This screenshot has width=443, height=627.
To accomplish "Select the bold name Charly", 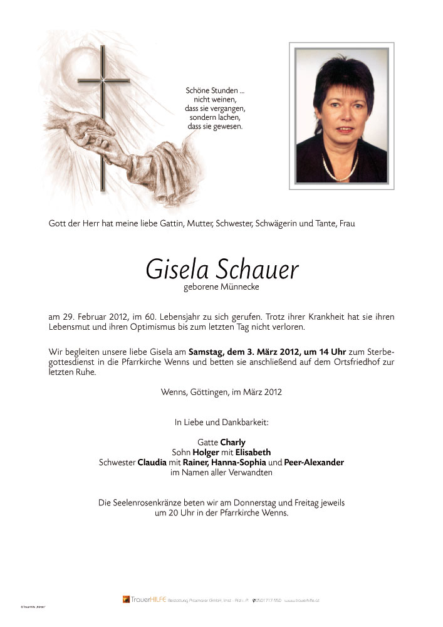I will tap(232, 442).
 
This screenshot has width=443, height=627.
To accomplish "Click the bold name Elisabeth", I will tap(253, 452).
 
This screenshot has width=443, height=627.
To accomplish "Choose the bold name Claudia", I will tap(152, 462).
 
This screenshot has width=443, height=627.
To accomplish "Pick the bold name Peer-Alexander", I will tap(314, 462).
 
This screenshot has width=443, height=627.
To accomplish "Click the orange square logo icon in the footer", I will tap(126, 599).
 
